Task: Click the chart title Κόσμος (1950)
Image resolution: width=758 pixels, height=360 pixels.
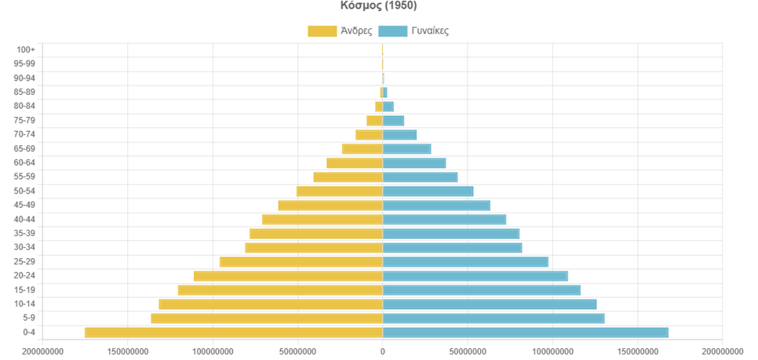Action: point(379,5)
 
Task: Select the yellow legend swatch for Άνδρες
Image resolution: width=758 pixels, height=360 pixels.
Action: point(321,31)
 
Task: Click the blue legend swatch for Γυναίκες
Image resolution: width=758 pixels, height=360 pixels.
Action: point(392,31)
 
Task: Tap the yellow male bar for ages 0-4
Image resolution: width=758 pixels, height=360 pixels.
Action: point(233,333)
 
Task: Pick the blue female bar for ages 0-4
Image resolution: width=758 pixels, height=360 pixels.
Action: point(525,333)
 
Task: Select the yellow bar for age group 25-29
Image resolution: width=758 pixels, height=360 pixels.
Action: point(301,262)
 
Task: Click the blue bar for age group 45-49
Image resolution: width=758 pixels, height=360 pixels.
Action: point(436,205)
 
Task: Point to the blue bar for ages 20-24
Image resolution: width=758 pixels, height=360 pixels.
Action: point(475,276)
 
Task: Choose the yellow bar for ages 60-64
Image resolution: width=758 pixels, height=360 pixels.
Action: point(354,163)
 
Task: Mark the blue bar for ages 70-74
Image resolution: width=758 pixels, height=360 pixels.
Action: point(399,135)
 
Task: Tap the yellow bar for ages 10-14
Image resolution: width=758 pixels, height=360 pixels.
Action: point(270,304)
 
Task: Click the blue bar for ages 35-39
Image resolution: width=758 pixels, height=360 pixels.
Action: point(450,234)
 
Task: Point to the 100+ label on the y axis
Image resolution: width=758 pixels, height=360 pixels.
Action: point(25,49)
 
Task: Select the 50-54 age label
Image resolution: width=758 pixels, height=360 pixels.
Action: point(25,191)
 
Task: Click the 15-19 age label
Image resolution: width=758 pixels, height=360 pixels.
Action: point(25,290)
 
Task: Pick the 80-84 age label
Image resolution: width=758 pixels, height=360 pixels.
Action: point(25,106)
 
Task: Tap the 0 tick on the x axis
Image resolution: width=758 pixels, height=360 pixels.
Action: point(382,351)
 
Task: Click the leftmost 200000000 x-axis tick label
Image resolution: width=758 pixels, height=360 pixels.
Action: point(42,351)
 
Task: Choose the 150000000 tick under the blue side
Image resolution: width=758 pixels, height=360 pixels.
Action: point(637,351)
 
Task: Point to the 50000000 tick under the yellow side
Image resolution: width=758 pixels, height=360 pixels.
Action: point(297,351)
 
